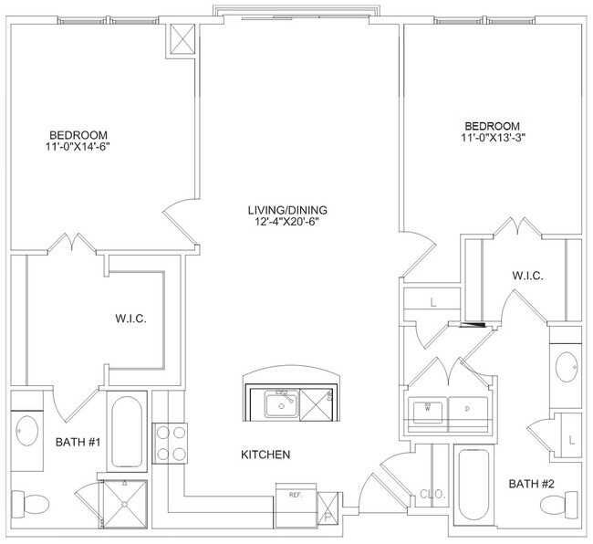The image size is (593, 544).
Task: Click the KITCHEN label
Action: (265, 454)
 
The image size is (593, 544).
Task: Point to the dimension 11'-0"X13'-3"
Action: (493, 137)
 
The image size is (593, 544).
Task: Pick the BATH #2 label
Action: (532, 483)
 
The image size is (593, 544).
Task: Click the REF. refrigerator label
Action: (296, 495)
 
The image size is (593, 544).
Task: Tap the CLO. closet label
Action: (432, 497)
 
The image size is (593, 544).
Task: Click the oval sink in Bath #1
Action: (26, 431)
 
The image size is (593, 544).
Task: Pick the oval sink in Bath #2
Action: (566, 367)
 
